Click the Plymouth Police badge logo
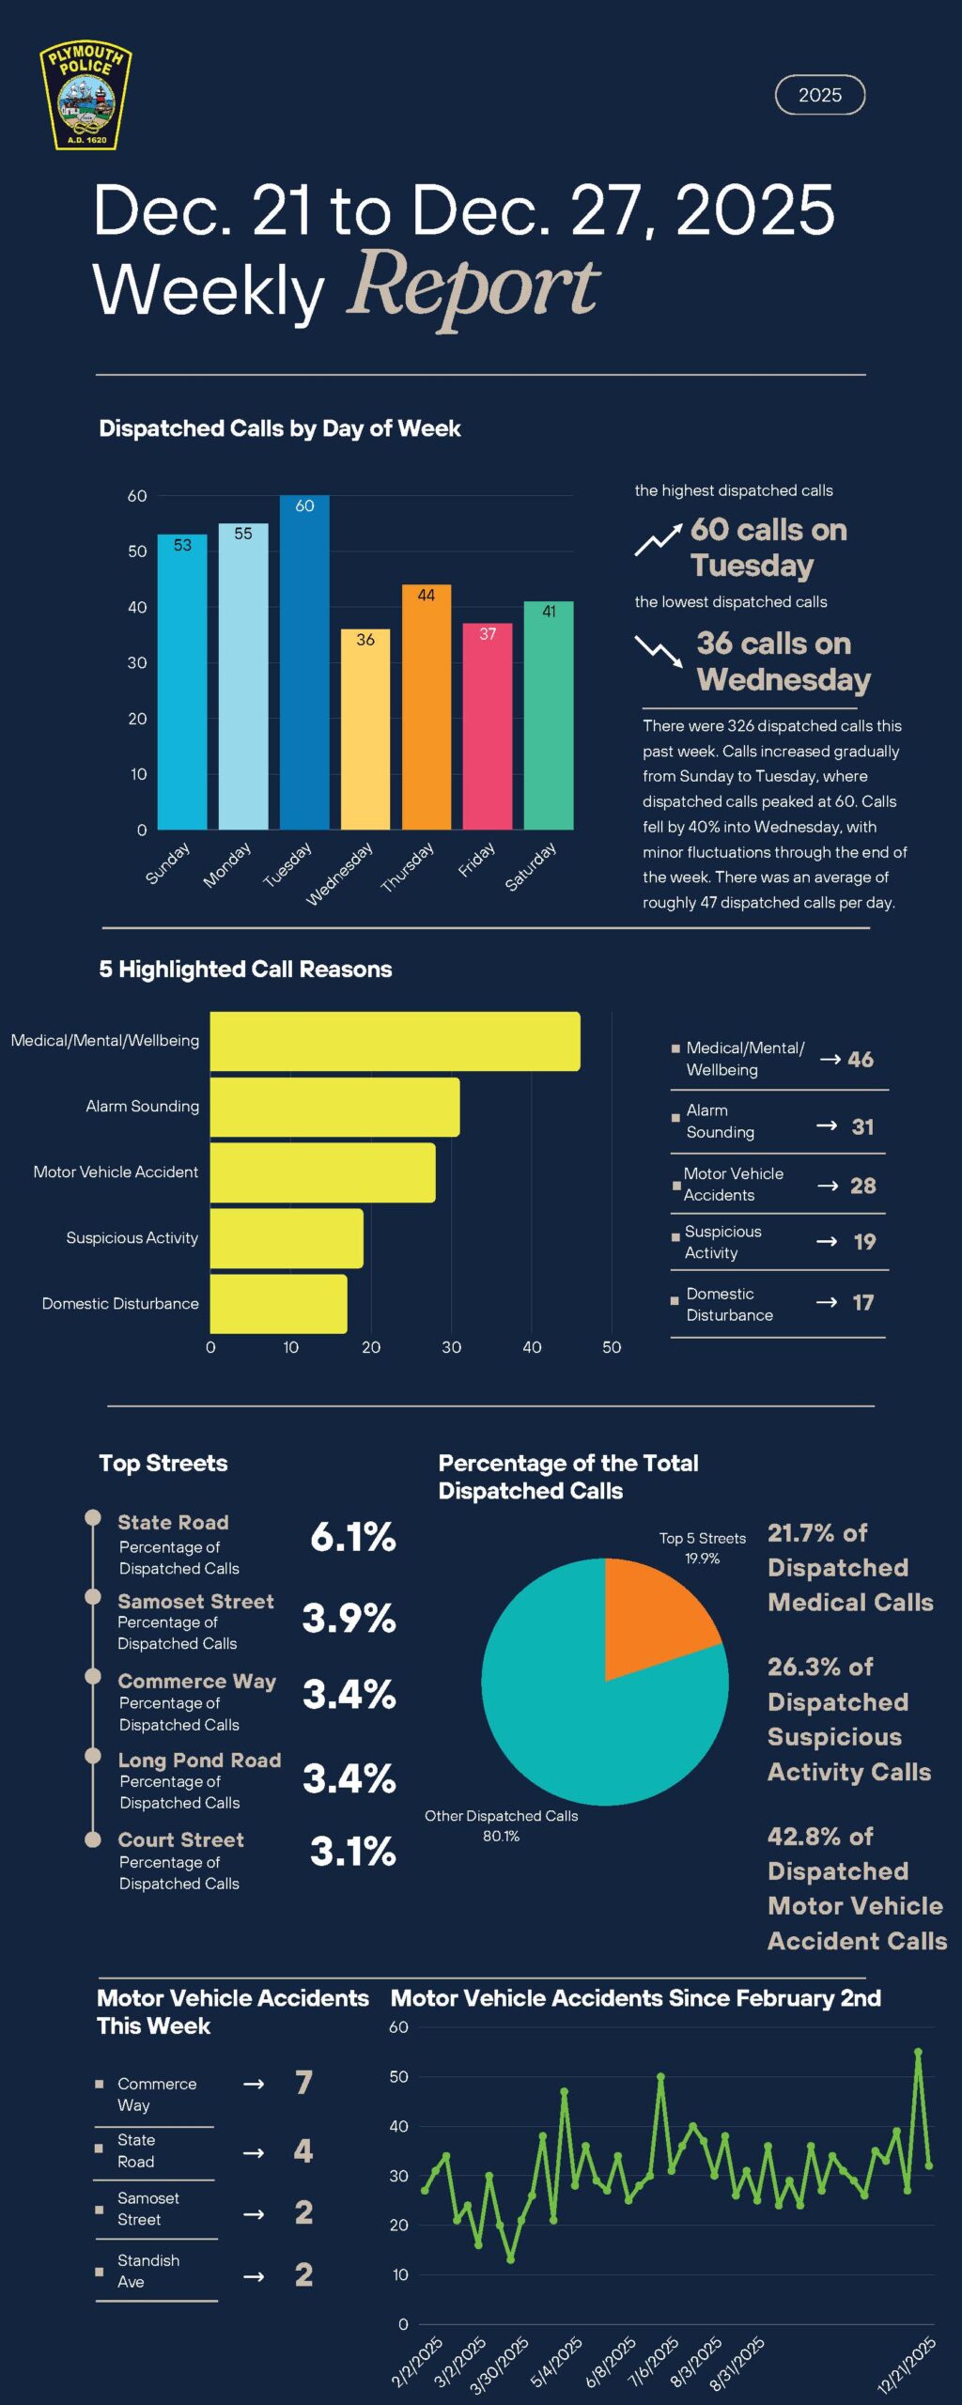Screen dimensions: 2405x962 (85, 96)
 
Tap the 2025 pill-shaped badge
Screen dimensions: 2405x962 (819, 95)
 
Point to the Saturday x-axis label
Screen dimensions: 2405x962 (531, 866)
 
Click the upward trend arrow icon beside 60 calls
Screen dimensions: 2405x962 (657, 541)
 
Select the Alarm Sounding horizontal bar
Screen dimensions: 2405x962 (334, 1107)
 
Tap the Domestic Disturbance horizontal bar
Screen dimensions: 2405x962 (278, 1303)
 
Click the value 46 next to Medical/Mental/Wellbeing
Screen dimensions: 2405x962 (860, 1060)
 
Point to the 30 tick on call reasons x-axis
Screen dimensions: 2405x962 (451, 1347)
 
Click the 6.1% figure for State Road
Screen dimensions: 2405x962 (353, 1537)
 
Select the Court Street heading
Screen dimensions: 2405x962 (180, 1839)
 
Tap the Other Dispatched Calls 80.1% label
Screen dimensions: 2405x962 (501, 1825)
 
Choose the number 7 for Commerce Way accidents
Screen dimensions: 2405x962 (303, 2083)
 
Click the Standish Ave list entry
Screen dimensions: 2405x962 (147, 2271)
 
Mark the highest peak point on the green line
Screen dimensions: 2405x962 (918, 2052)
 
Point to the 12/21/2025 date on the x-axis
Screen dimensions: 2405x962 (907, 2365)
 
